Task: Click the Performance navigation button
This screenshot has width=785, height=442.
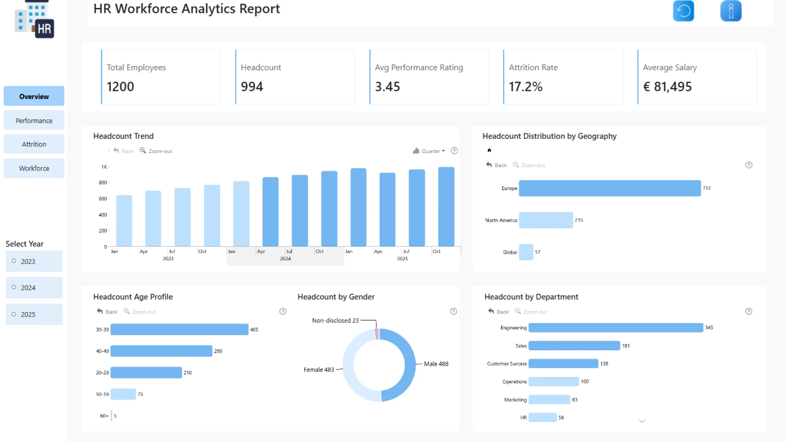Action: tap(34, 120)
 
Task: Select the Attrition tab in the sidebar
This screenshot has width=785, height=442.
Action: tap(34, 144)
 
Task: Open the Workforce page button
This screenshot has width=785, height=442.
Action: tap(34, 168)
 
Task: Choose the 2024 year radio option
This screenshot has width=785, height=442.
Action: tap(34, 288)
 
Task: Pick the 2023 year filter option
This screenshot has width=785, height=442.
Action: tap(34, 261)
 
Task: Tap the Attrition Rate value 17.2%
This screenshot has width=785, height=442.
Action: tap(525, 87)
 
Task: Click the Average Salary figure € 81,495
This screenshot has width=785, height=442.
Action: tap(667, 87)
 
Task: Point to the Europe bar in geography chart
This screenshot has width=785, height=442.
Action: tap(610, 188)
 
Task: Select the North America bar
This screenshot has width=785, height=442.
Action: tap(546, 220)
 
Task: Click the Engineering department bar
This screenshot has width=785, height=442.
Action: tap(616, 327)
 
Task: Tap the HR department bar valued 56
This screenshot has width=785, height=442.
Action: tap(543, 417)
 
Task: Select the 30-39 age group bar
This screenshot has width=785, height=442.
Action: tap(179, 329)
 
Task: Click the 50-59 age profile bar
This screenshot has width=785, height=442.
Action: tap(123, 394)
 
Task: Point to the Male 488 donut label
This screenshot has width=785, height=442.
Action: tap(436, 364)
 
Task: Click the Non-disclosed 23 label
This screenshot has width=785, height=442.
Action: tap(335, 320)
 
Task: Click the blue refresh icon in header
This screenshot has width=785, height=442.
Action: tap(684, 11)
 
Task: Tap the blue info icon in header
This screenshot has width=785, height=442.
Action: tap(731, 11)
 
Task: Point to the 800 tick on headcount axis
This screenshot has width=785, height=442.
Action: tap(103, 183)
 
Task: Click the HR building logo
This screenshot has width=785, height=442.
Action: tap(34, 19)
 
